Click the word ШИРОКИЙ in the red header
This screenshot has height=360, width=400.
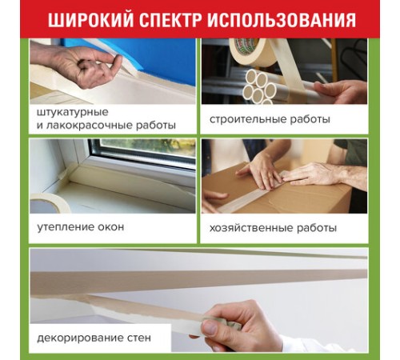[x=87, y=19]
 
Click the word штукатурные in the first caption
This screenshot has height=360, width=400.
[x=73, y=111]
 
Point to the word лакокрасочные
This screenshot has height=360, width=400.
[x=88, y=125]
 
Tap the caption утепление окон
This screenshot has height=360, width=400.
[x=81, y=226]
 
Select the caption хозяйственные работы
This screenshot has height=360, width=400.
[x=274, y=227]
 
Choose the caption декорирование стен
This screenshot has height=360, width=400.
[x=93, y=338]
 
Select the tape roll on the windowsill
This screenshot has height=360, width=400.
[x=49, y=202]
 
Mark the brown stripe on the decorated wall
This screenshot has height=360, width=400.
[x=160, y=282]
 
